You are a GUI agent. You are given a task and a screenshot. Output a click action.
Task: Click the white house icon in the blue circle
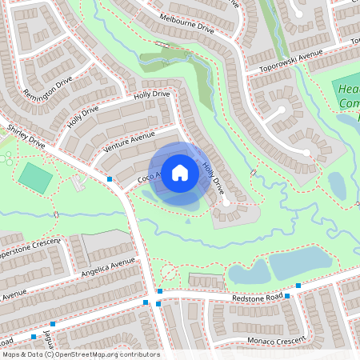(180, 172)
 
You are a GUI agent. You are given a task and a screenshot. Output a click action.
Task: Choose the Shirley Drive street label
(26, 136)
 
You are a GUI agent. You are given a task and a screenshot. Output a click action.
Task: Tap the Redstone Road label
(258, 298)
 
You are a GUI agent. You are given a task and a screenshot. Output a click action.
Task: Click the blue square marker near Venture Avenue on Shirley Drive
(110, 179)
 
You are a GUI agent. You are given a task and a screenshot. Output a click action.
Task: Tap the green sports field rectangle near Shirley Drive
(35, 177)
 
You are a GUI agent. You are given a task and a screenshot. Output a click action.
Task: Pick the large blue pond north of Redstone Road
(298, 262)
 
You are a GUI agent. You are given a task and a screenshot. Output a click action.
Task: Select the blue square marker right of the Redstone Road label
(298, 286)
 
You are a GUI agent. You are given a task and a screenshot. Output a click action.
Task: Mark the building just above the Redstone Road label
(206, 280)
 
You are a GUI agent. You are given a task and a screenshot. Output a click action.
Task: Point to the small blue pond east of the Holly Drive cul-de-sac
(337, 186)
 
